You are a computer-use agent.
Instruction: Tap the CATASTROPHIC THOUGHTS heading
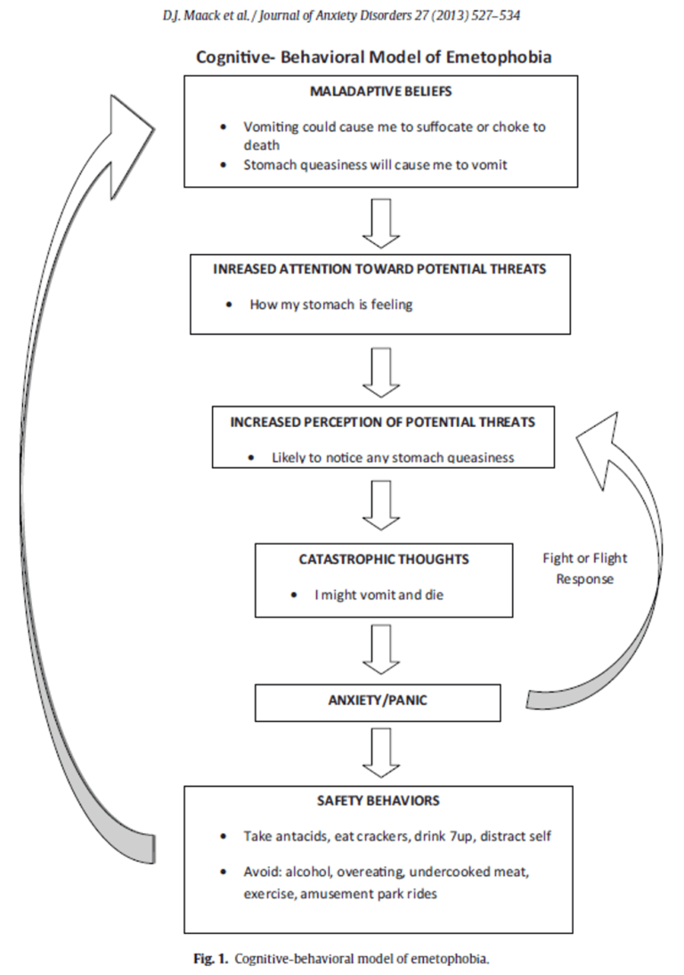(384, 560)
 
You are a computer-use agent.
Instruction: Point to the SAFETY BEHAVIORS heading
(378, 801)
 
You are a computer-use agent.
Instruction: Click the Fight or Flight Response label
(584, 569)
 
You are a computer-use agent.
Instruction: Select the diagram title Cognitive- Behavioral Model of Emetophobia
(374, 58)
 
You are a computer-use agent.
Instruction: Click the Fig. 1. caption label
(213, 959)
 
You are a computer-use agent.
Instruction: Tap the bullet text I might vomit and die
(379, 594)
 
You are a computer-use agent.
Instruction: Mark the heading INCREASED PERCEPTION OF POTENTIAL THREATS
(383, 422)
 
